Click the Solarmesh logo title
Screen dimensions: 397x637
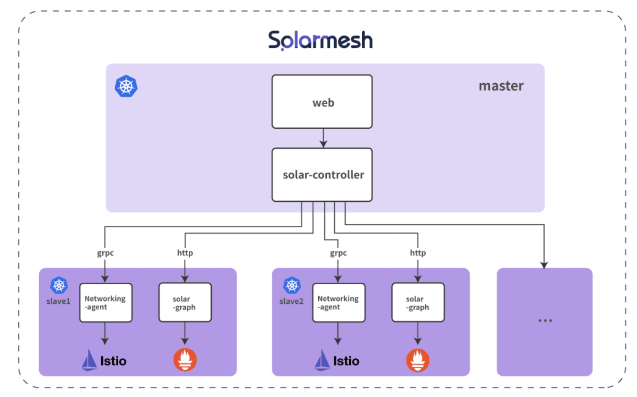point(320,41)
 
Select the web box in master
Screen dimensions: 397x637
point(322,102)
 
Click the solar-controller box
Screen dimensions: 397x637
point(322,175)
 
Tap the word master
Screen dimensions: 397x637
point(501,86)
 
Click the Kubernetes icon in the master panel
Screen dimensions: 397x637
point(126,86)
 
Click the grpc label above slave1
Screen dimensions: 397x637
point(105,253)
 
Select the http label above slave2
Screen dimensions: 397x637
point(418,253)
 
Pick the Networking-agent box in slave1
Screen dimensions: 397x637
point(105,302)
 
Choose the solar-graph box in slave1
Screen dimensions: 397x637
point(184,302)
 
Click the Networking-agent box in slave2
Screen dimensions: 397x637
point(338,302)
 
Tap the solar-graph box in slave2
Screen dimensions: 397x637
point(418,302)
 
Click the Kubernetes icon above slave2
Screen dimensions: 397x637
point(292,286)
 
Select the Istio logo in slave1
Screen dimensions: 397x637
point(104,360)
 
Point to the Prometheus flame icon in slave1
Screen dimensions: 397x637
point(184,360)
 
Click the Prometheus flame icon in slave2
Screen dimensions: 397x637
point(418,360)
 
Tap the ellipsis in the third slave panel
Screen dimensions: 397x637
point(545,320)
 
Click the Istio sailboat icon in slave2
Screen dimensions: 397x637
point(322,360)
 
